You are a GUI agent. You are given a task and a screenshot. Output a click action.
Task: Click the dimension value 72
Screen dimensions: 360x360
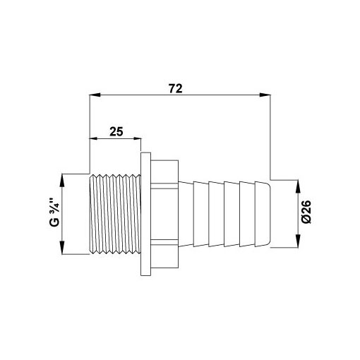pyautogui.click(x=176, y=88)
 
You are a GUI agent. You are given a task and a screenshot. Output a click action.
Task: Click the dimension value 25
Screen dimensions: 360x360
pyautogui.click(x=116, y=131)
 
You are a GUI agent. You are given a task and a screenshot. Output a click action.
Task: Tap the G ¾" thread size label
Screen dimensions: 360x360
pyautogui.click(x=54, y=212)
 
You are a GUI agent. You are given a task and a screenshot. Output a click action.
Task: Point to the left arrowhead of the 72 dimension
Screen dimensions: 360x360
pyautogui.click(x=95, y=95)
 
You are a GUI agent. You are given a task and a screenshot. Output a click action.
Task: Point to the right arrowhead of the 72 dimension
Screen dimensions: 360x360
pyautogui.click(x=265, y=95)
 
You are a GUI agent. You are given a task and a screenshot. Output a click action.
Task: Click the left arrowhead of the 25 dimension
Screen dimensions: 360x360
pyautogui.click(x=94, y=138)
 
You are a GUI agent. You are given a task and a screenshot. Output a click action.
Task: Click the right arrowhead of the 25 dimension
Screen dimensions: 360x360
pyautogui.click(x=137, y=138)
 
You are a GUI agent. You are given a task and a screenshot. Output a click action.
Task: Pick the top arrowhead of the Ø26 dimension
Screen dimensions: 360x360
pyautogui.click(x=298, y=186)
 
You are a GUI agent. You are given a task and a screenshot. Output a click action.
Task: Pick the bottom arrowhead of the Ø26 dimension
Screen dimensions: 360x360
pyautogui.click(x=298, y=241)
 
